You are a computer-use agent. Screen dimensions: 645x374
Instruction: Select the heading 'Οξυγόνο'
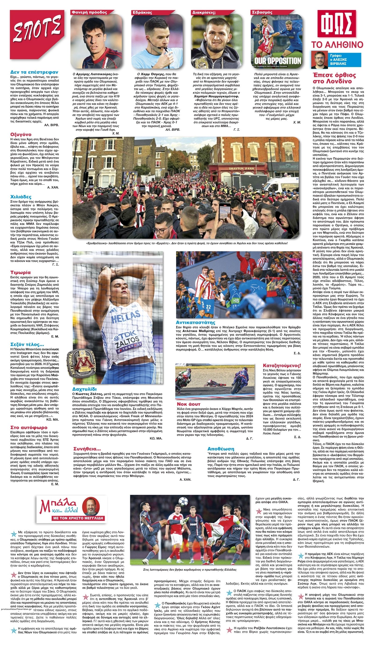click(21, 134)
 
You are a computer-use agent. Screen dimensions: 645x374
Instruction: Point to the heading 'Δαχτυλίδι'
click(85, 389)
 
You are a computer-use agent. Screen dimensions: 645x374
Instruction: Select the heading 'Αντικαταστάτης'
click(195, 322)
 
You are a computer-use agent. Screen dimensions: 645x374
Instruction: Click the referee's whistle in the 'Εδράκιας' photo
click(166, 49)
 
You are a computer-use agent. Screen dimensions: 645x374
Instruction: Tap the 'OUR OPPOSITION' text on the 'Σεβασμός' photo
click(277, 61)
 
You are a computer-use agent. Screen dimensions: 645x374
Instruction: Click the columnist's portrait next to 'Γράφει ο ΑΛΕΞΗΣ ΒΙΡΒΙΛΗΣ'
click(319, 60)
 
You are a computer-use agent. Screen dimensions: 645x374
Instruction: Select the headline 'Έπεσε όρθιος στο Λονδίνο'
click(334, 78)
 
